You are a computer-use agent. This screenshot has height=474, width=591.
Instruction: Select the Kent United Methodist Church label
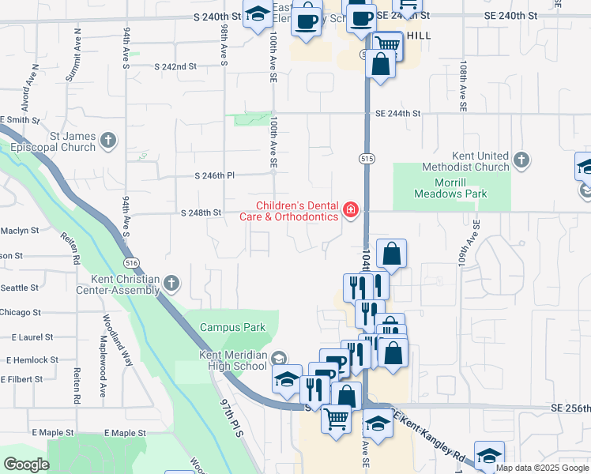469,161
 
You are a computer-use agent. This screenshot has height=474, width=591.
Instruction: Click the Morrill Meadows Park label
450,188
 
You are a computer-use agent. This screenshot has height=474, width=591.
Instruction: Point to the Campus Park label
233,327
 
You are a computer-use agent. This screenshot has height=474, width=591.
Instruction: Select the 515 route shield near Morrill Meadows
366,159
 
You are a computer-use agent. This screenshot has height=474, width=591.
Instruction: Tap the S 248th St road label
201,213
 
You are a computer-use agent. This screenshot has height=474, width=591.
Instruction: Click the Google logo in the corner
27,465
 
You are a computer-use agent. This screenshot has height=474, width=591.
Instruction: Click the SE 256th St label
567,407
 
